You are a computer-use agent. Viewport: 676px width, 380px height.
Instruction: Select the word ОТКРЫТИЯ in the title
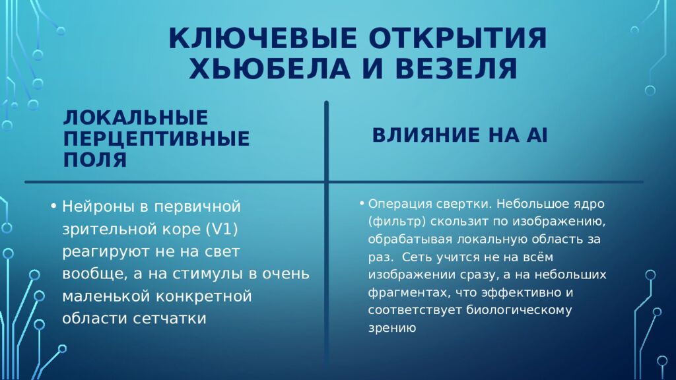(x=457, y=39)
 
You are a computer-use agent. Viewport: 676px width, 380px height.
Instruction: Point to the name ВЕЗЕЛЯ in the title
(x=449, y=69)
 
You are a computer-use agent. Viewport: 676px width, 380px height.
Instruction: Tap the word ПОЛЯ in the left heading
(x=95, y=159)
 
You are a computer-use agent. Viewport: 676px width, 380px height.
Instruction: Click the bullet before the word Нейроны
(x=53, y=207)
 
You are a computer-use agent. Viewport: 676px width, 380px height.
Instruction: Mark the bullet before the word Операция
(x=362, y=203)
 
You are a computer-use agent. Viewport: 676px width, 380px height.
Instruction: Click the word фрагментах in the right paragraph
(x=403, y=292)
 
